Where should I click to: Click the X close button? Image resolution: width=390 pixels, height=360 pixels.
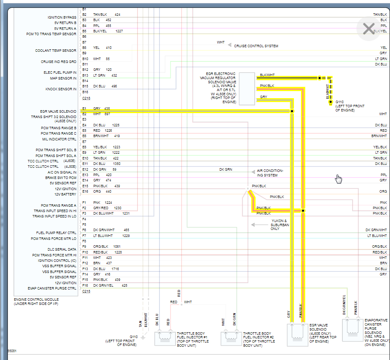tap(368, 29)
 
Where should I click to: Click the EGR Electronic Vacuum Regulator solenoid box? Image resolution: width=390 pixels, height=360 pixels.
tap(247, 89)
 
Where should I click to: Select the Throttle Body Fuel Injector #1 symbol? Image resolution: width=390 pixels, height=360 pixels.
tap(165, 338)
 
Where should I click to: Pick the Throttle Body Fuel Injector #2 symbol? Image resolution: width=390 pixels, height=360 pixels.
tap(231, 338)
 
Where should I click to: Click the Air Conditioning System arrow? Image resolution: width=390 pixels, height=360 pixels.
tap(253, 172)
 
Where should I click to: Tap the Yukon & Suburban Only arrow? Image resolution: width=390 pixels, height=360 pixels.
tap(253, 225)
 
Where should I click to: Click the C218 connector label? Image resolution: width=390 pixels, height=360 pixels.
tap(86, 98)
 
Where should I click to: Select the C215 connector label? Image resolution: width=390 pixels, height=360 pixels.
tap(86, 291)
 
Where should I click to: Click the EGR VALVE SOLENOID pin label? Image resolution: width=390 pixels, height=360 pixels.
tap(58, 111)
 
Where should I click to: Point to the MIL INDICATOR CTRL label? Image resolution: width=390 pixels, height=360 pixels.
tap(58, 139)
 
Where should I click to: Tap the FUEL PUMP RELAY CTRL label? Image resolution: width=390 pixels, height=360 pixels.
tap(56, 233)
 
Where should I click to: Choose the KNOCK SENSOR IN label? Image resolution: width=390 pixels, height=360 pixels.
tap(61, 89)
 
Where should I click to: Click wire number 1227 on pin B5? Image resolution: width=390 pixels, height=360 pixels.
tap(119, 31)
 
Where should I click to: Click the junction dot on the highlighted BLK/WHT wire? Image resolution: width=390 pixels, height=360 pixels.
tap(320, 78)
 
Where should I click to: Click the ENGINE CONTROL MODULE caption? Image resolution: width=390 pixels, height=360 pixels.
tap(36, 299)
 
